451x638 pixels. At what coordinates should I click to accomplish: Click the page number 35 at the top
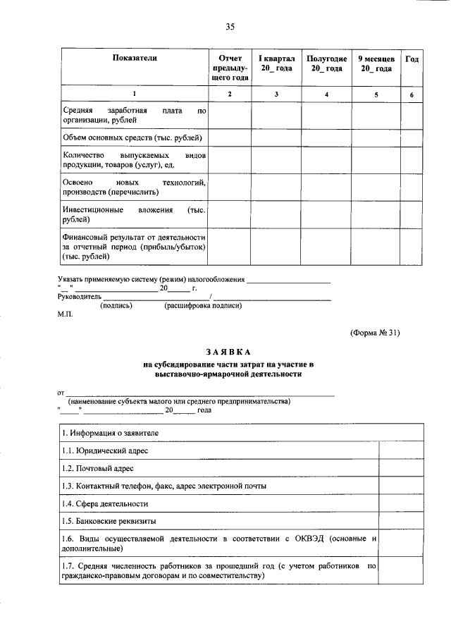click(x=230, y=27)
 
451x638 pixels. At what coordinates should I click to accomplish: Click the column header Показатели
click(x=134, y=59)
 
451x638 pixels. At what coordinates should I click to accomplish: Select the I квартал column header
click(x=276, y=63)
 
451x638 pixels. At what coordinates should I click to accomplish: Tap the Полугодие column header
click(x=326, y=63)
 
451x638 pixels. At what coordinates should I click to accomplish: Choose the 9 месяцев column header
click(x=376, y=63)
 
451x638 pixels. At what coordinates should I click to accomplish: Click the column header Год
click(x=412, y=59)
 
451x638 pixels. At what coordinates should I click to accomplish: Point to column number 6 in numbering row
click(x=412, y=94)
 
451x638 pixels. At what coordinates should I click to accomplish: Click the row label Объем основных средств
click(x=132, y=137)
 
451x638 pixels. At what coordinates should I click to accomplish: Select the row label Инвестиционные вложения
click(x=132, y=215)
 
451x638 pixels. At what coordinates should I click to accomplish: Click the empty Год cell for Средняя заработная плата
click(x=412, y=116)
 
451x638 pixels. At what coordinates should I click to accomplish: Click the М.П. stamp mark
click(x=65, y=315)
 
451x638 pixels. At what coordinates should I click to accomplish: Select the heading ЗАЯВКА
click(x=228, y=351)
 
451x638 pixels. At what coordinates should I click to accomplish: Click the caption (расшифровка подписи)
click(x=203, y=306)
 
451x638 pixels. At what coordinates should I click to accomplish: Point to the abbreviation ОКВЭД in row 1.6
click(x=309, y=539)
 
